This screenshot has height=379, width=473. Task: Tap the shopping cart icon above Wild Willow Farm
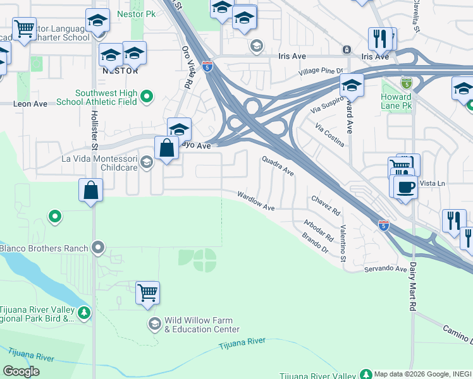pos(147,292)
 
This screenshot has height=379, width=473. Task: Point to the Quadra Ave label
pos(279,166)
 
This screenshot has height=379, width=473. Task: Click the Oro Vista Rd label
pos(187,66)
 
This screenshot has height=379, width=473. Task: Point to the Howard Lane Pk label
pos(396,102)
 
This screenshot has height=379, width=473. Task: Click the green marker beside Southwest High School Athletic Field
pos(147,96)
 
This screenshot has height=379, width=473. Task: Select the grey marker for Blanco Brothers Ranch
pos(98,248)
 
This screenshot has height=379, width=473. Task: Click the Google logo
pos(21,371)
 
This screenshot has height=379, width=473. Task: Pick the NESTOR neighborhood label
pos(121,71)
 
